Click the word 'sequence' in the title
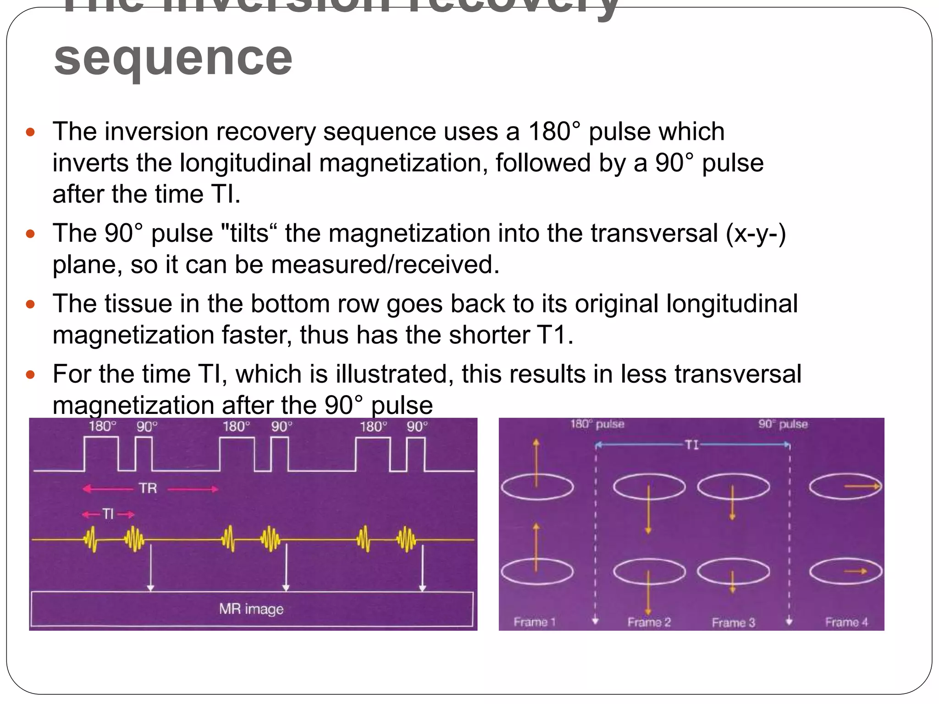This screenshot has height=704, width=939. click(173, 59)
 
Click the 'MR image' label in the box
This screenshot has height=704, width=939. click(251, 609)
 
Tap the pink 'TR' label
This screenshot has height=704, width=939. click(148, 489)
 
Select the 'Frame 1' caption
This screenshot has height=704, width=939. click(534, 622)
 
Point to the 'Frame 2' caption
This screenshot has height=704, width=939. click(649, 622)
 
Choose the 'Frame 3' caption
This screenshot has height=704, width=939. click(733, 622)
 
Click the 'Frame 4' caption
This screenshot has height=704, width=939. click(846, 622)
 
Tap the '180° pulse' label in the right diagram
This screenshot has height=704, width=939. click(597, 424)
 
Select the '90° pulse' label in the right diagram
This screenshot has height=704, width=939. click(783, 424)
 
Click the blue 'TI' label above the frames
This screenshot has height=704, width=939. click(691, 445)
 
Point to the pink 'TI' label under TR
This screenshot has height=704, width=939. click(108, 514)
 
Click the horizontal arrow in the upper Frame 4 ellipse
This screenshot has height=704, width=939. click(862, 486)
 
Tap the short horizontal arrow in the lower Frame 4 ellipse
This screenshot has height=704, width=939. click(856, 571)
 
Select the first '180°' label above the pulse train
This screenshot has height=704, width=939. click(102, 427)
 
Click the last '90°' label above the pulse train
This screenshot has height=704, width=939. click(417, 427)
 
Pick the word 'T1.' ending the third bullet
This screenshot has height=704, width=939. click(556, 335)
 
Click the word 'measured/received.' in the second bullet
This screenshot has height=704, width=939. click(385, 265)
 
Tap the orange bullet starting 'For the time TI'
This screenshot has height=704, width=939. click(31, 375)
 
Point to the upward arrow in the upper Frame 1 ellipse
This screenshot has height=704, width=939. click(536, 463)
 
